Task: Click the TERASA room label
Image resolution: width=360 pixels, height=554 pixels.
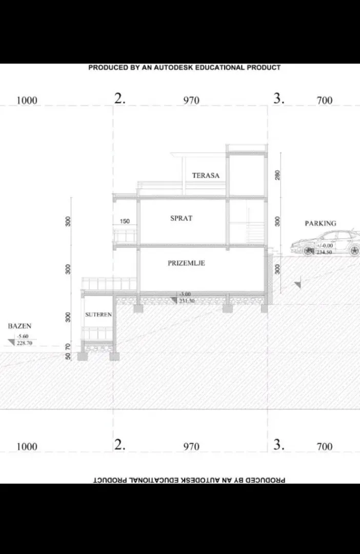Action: [206, 175]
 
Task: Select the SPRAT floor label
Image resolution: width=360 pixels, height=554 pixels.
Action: [182, 218]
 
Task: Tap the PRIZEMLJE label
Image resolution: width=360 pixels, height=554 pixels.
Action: [186, 263]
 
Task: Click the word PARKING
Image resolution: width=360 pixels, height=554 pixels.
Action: [321, 224]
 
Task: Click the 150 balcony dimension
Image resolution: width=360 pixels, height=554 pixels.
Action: [125, 222]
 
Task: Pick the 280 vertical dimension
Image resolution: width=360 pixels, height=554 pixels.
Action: [277, 175]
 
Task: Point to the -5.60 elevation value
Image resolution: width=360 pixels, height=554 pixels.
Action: [23, 337]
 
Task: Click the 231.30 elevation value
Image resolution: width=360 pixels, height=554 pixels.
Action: [187, 301]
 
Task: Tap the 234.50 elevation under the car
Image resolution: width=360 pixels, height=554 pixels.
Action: [324, 252]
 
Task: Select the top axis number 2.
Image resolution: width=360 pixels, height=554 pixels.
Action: [119, 100]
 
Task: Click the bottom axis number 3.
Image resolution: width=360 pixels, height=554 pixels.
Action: [278, 445]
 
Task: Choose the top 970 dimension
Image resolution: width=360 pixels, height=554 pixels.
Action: [191, 101]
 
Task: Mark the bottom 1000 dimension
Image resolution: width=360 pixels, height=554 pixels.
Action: [27, 446]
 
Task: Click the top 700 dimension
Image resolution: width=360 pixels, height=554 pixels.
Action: [325, 101]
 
